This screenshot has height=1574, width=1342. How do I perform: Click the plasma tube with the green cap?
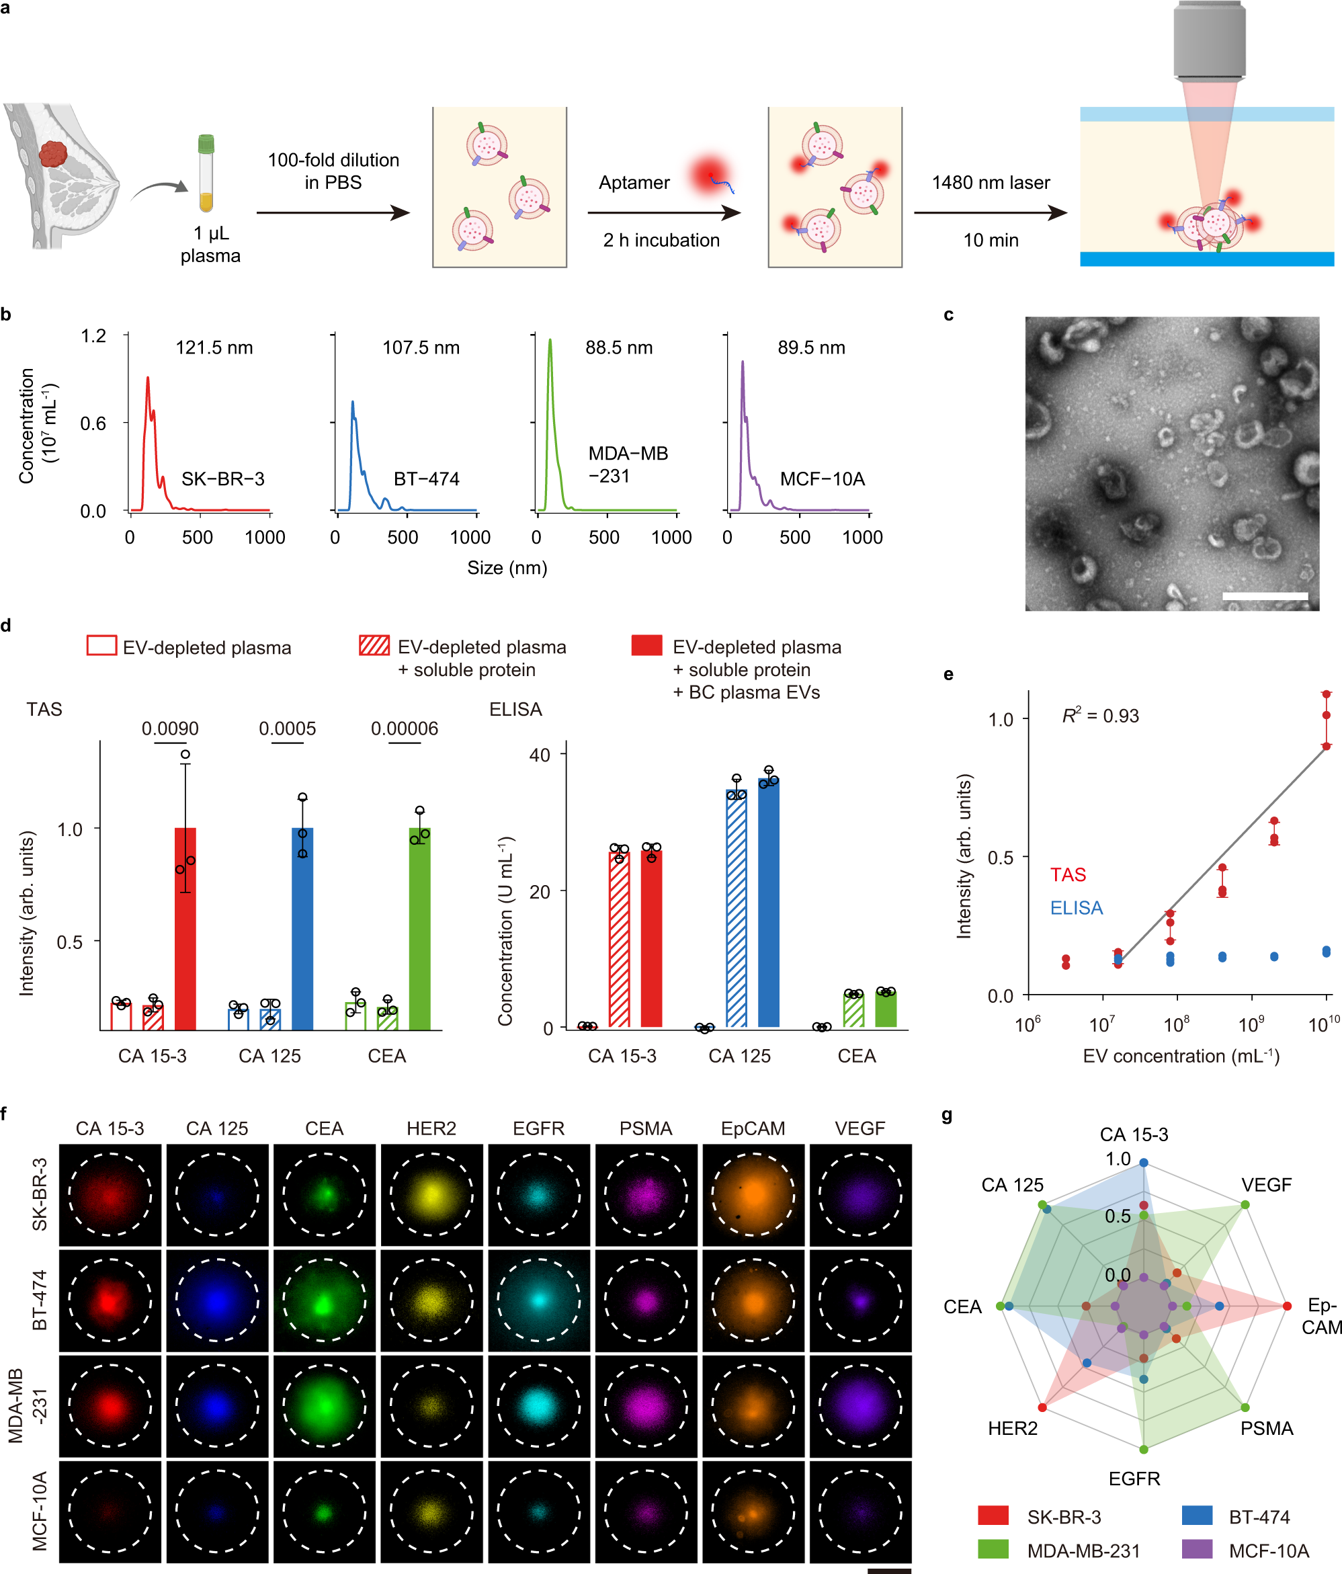(x=206, y=173)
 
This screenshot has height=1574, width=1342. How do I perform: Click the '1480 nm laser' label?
(x=991, y=182)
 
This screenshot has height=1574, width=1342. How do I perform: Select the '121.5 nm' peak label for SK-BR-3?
(x=214, y=348)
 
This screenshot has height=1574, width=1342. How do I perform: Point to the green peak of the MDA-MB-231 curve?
(x=550, y=343)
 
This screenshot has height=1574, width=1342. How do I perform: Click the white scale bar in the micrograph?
(x=1265, y=596)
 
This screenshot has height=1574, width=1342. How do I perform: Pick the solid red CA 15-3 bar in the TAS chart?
(x=185, y=928)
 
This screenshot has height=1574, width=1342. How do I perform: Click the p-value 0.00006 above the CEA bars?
(x=404, y=729)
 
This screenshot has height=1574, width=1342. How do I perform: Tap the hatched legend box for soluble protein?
(x=374, y=646)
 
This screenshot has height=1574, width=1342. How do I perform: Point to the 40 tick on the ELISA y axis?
(x=540, y=755)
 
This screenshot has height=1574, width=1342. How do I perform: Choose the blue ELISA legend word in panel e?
(x=1075, y=908)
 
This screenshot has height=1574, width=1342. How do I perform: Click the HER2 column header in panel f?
(x=431, y=1128)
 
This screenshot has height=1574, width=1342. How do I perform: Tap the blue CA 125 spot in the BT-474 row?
(x=217, y=1300)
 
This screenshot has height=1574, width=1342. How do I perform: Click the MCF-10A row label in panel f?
(x=40, y=1509)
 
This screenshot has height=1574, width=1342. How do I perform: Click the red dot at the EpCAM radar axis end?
(x=1286, y=1307)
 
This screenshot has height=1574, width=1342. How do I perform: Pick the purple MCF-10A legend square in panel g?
(x=1197, y=1549)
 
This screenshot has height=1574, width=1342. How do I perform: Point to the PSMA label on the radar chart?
(x=1266, y=1428)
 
